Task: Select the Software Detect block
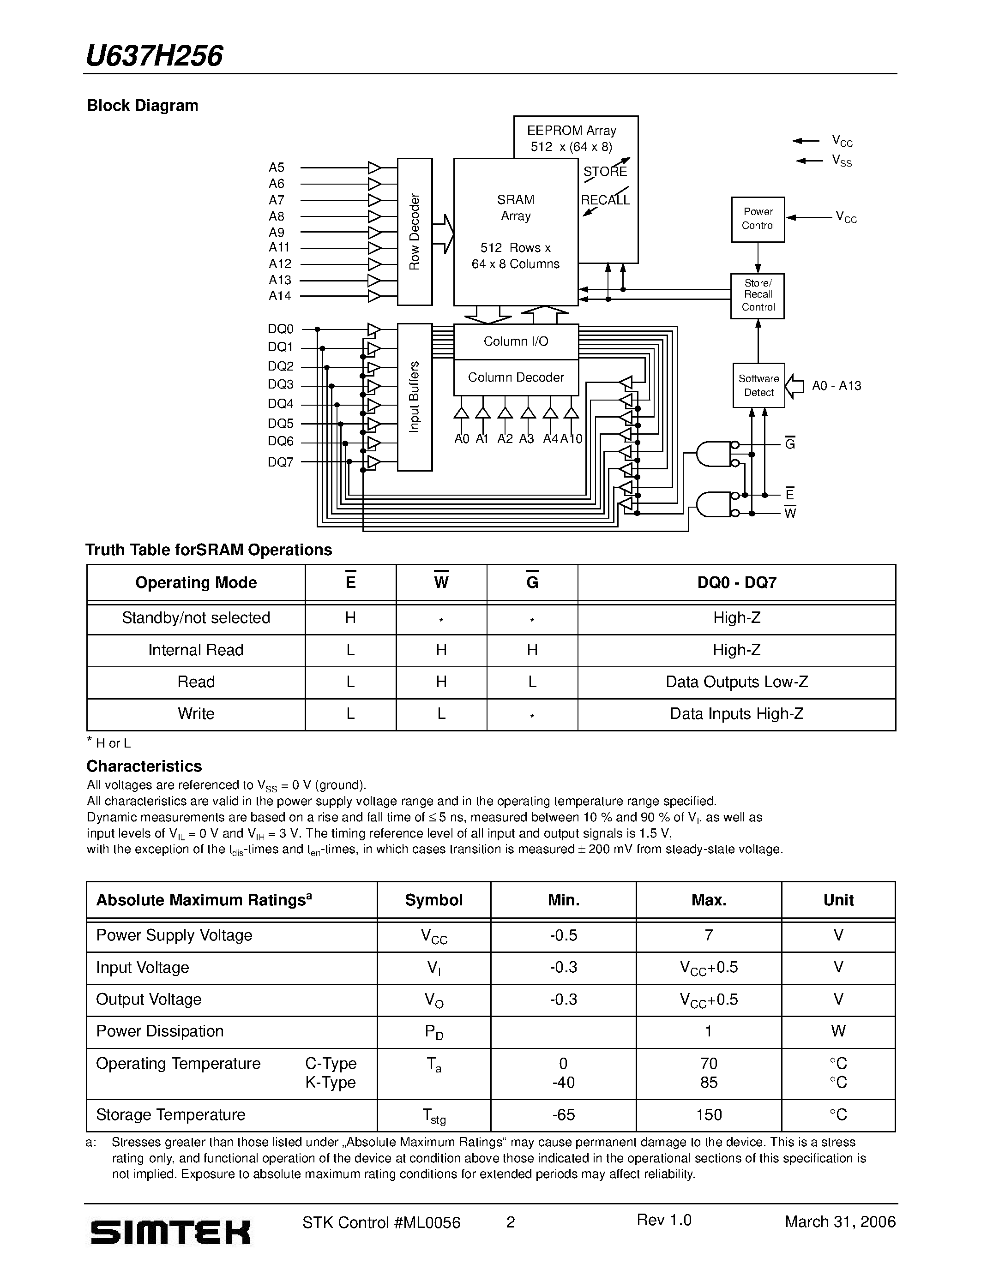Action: (x=758, y=385)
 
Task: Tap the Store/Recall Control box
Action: (x=757, y=296)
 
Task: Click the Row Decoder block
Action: (x=415, y=232)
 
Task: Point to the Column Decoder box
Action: (x=516, y=377)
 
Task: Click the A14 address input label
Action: (x=280, y=296)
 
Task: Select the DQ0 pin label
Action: (x=281, y=329)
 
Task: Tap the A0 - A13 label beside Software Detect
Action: (x=837, y=386)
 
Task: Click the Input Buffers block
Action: (x=415, y=397)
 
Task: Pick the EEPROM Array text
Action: (x=571, y=131)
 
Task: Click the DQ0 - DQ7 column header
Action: (x=736, y=582)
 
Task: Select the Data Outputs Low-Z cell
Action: (x=736, y=682)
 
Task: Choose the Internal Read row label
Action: (x=196, y=650)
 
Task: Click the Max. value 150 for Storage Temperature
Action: (x=709, y=1114)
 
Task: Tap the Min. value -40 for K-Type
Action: (x=563, y=1083)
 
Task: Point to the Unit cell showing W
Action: (x=838, y=1031)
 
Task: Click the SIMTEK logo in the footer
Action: (x=170, y=1232)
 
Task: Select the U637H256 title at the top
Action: (x=154, y=56)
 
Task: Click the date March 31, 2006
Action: (x=840, y=1221)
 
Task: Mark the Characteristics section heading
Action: (x=144, y=766)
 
